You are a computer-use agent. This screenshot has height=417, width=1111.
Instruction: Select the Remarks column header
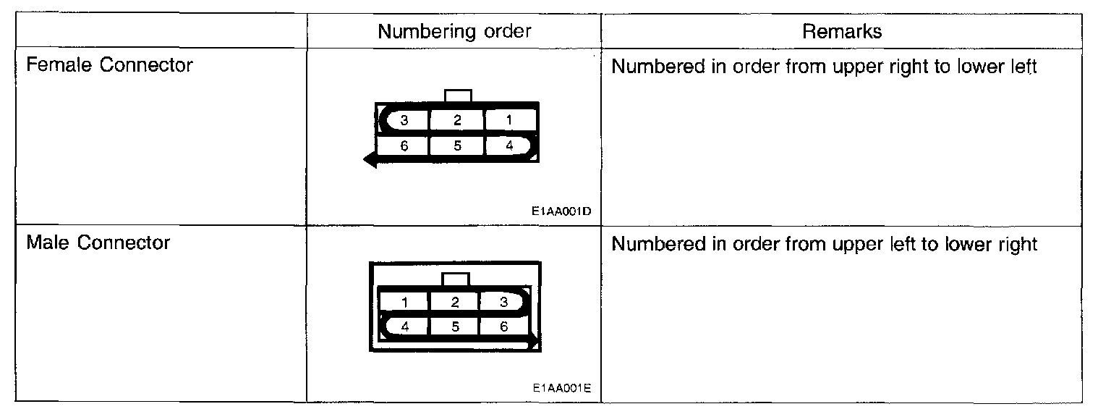[842, 32]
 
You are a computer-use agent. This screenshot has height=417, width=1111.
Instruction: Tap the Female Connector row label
[109, 66]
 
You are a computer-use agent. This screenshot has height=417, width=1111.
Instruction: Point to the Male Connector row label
[98, 243]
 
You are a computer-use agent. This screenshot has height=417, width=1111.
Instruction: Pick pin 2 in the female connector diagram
[457, 121]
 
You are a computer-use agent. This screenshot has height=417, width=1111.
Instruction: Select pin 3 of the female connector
[405, 121]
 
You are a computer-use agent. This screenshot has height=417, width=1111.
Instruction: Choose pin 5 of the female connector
[457, 146]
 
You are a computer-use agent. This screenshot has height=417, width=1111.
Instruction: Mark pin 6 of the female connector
[405, 146]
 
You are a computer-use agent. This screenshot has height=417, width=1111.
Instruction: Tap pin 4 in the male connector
[405, 327]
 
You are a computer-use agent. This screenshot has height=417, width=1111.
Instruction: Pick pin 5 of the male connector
[455, 327]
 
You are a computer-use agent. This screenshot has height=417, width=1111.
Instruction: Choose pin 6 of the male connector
[504, 327]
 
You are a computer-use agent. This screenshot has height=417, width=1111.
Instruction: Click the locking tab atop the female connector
[458, 96]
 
